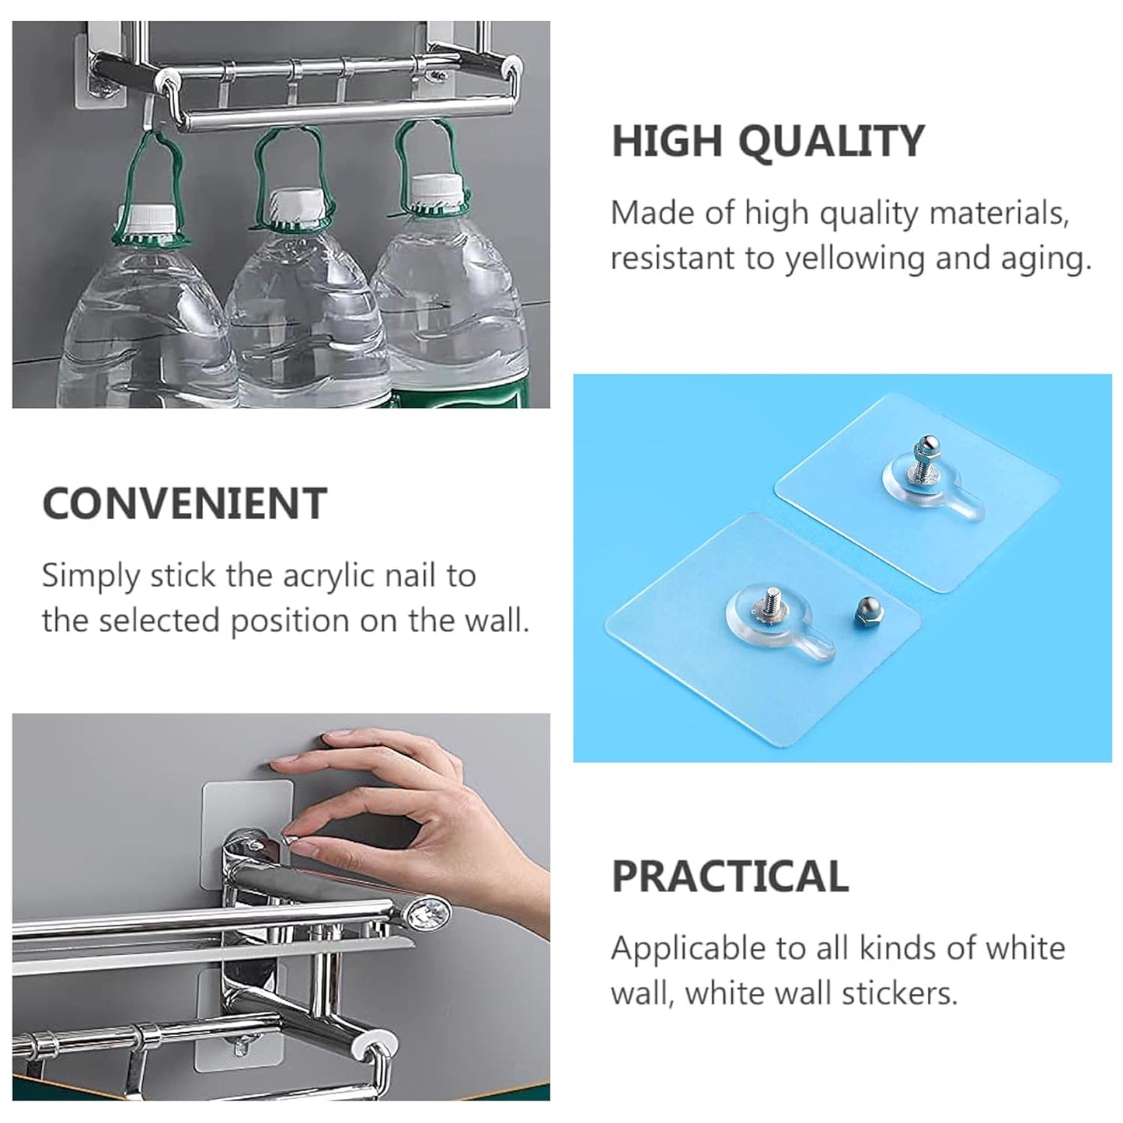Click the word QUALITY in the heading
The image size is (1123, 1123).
(x=832, y=141)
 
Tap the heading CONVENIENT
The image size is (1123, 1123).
(x=184, y=504)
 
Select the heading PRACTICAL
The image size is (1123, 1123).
(x=730, y=876)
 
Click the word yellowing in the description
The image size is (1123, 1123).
(x=854, y=260)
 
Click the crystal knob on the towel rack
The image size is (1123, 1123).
(x=427, y=915)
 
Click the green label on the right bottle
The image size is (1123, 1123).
(x=469, y=399)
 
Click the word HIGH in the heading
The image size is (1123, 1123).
(x=667, y=141)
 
